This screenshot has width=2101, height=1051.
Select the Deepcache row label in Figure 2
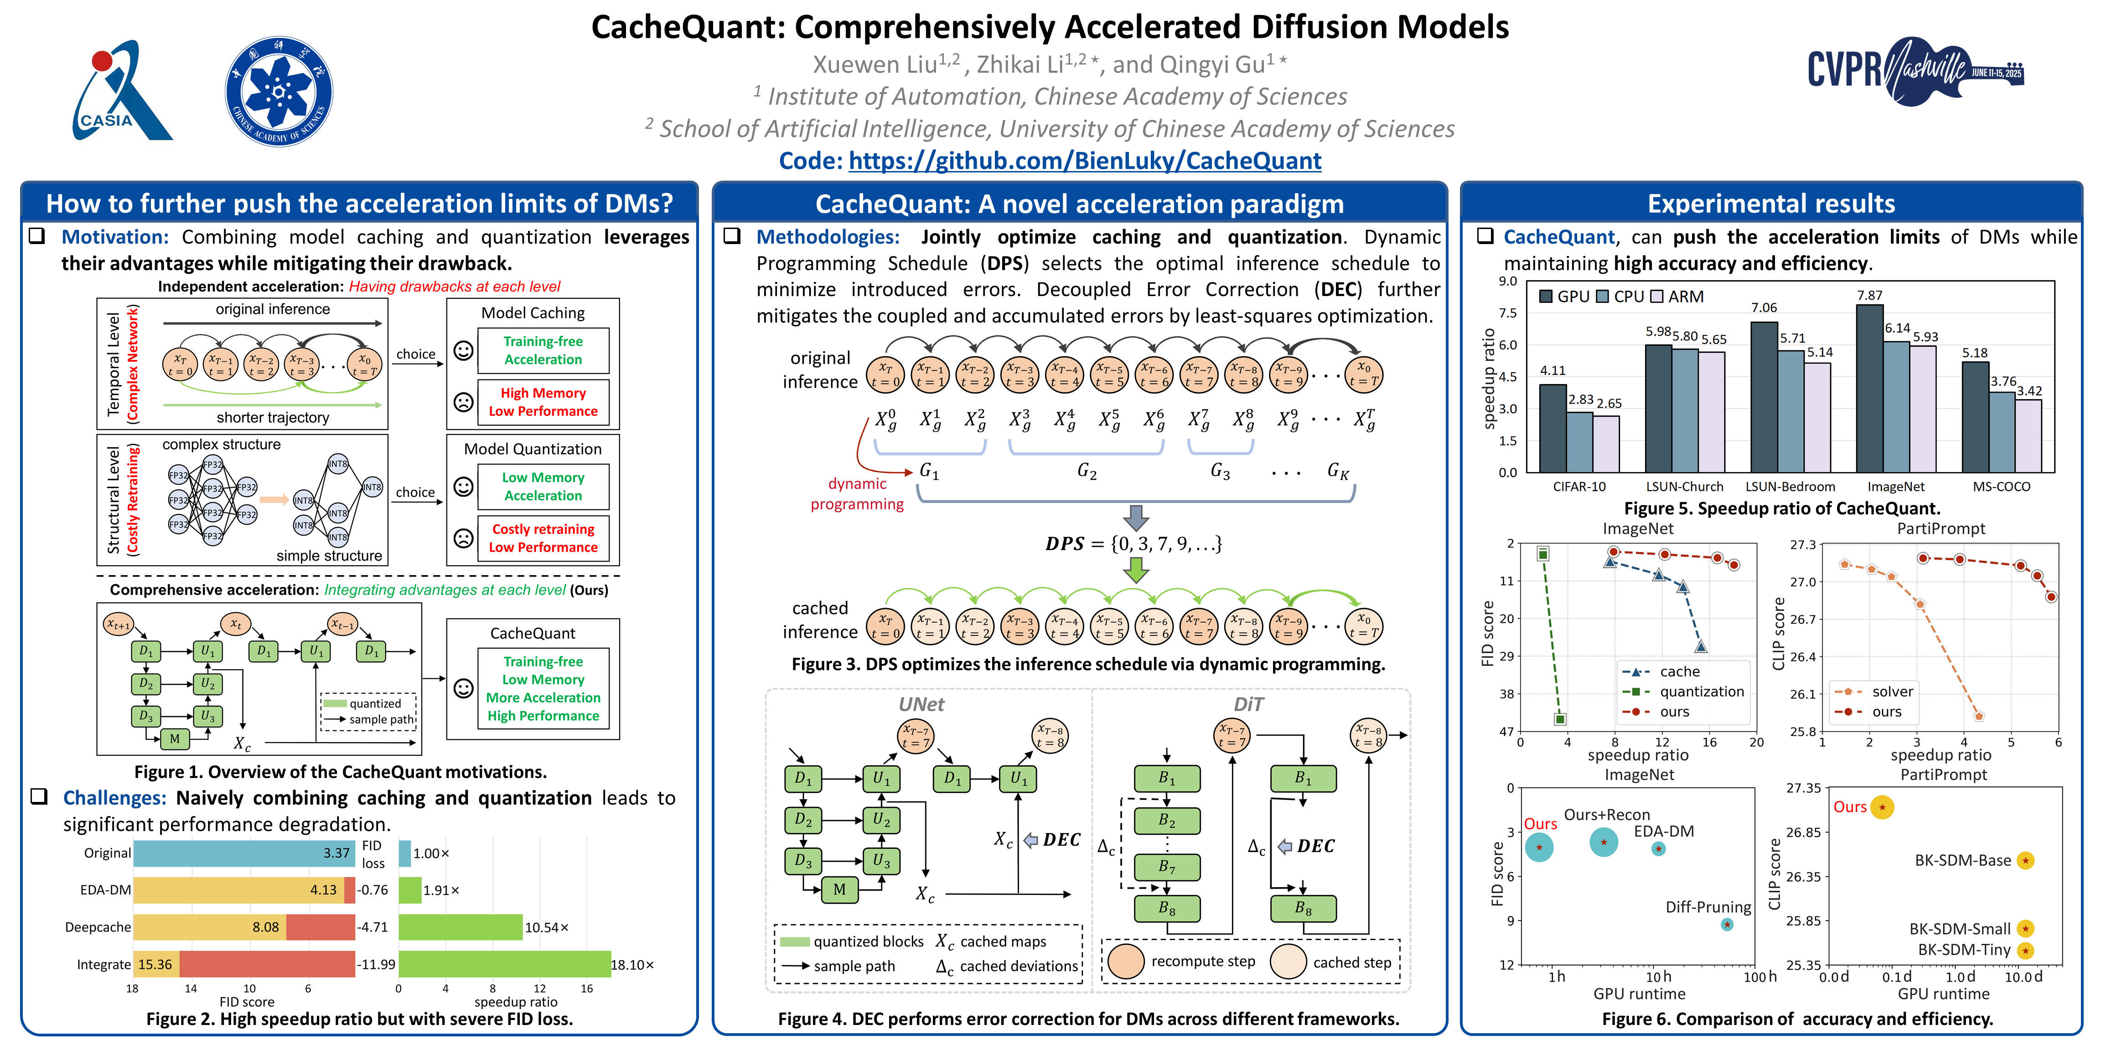pyautogui.click(x=98, y=927)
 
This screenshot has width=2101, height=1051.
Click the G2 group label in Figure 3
pyautogui.click(x=1087, y=471)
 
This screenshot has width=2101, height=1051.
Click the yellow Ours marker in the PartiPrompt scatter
pyautogui.click(x=1882, y=807)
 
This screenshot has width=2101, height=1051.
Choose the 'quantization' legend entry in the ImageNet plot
pyautogui.click(x=1701, y=691)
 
